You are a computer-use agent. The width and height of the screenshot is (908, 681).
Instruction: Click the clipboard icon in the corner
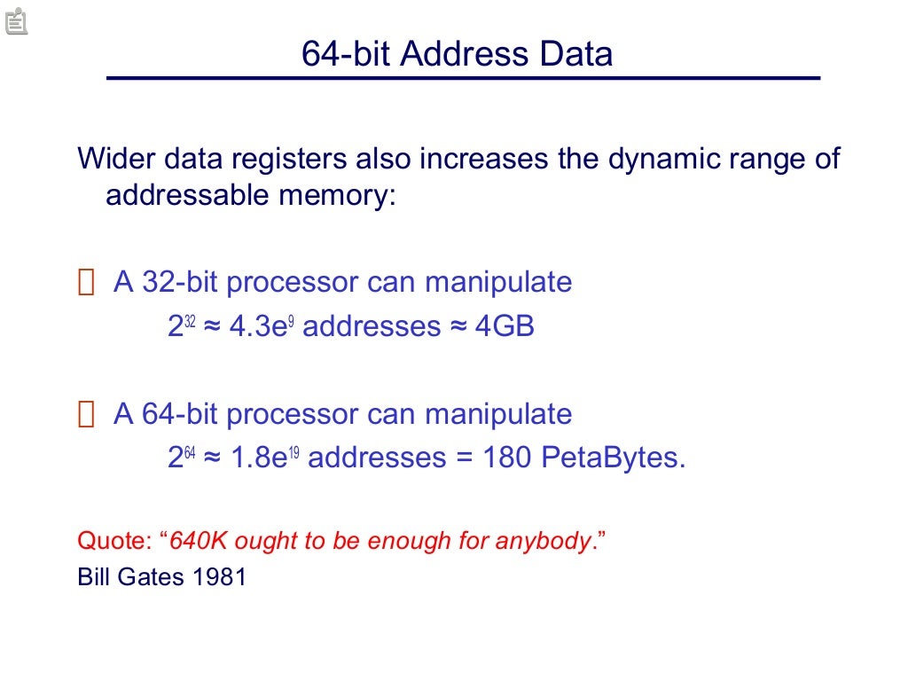tap(16, 20)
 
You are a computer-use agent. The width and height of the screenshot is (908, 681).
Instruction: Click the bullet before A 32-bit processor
tap(85, 284)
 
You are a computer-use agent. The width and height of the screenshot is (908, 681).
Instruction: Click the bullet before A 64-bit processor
tap(85, 415)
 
